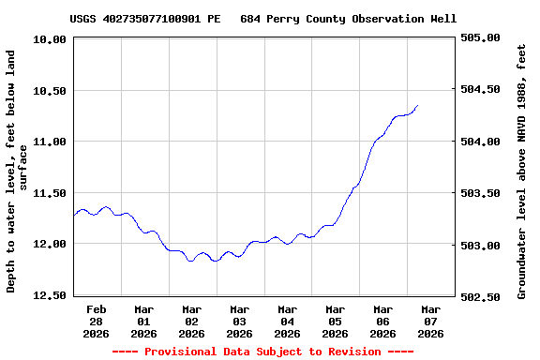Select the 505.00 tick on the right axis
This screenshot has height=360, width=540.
click(480, 38)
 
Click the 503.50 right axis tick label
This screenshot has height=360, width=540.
click(480, 193)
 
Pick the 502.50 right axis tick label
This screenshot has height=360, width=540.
click(480, 296)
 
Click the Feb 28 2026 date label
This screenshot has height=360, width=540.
click(97, 321)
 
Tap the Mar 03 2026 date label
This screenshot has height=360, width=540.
click(240, 321)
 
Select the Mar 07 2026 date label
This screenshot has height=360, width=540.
click(430, 321)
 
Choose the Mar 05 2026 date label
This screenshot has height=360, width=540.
click(335, 321)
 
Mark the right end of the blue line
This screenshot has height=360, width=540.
click(417, 106)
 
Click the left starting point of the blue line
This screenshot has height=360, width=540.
click(74, 216)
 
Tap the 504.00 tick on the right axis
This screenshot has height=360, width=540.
click(480, 142)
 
